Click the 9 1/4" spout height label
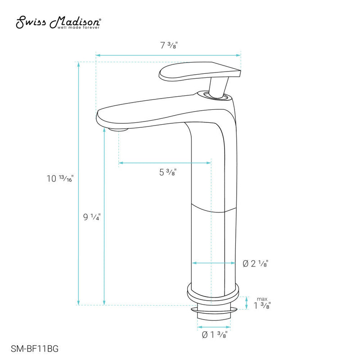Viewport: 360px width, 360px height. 92,217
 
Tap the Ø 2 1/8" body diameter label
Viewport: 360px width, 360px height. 256,264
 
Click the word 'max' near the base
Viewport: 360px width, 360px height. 262,299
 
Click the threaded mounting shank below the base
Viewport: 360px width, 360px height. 213,312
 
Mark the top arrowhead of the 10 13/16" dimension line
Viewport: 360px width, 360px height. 79,64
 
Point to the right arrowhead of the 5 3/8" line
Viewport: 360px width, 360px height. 209,163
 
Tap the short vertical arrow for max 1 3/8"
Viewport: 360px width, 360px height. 246,303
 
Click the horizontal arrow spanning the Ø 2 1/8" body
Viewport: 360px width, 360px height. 213,263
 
